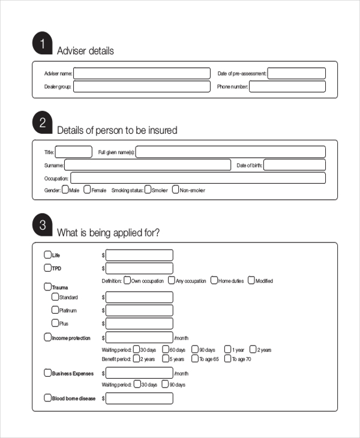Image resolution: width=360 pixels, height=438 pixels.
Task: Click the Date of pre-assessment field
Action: (x=296, y=74)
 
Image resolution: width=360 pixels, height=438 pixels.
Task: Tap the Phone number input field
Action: (x=287, y=87)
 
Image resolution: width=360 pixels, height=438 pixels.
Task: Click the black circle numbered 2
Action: (x=43, y=123)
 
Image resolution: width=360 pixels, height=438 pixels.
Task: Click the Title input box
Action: (x=74, y=152)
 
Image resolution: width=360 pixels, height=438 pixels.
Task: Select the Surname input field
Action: (x=147, y=165)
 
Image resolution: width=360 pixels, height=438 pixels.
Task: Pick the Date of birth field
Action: (x=294, y=165)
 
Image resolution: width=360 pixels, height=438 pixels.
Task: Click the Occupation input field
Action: (x=198, y=178)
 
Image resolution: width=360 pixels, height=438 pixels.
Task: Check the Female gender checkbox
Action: (x=87, y=190)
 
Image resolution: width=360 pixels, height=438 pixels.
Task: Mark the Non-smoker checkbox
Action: (x=176, y=190)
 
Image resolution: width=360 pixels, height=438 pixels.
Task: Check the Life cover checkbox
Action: (x=48, y=254)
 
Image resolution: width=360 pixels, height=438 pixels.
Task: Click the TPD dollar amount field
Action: (x=139, y=268)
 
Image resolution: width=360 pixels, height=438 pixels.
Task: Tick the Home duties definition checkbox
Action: (x=214, y=280)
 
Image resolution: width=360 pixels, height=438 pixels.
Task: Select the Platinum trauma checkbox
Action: (x=55, y=310)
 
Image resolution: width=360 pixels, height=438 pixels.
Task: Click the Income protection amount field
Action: (x=139, y=338)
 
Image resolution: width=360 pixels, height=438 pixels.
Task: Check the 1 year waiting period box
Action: (x=228, y=349)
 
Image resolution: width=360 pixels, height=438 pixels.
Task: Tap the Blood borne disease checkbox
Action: (x=48, y=398)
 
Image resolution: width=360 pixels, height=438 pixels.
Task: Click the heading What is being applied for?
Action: (x=108, y=233)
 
